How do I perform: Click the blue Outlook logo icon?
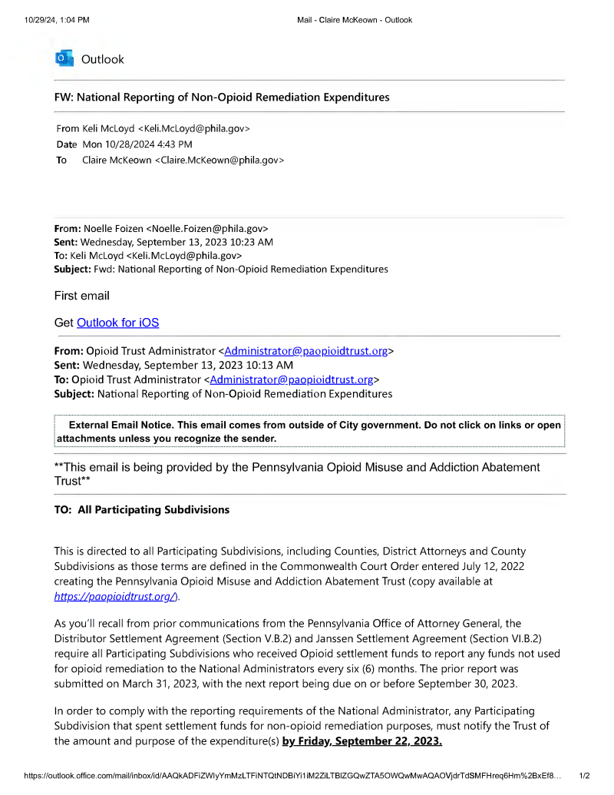64,58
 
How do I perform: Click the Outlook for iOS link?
117,323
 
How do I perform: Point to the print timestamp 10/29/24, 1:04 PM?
57,20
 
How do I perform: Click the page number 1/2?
584,777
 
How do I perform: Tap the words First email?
82,296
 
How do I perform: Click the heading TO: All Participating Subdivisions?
141,510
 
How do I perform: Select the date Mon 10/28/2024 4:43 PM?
137,144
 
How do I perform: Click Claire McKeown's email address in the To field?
221,160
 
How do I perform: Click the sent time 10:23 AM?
250,241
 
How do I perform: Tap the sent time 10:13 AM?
269,365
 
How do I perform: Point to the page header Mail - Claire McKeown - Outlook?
355,20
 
